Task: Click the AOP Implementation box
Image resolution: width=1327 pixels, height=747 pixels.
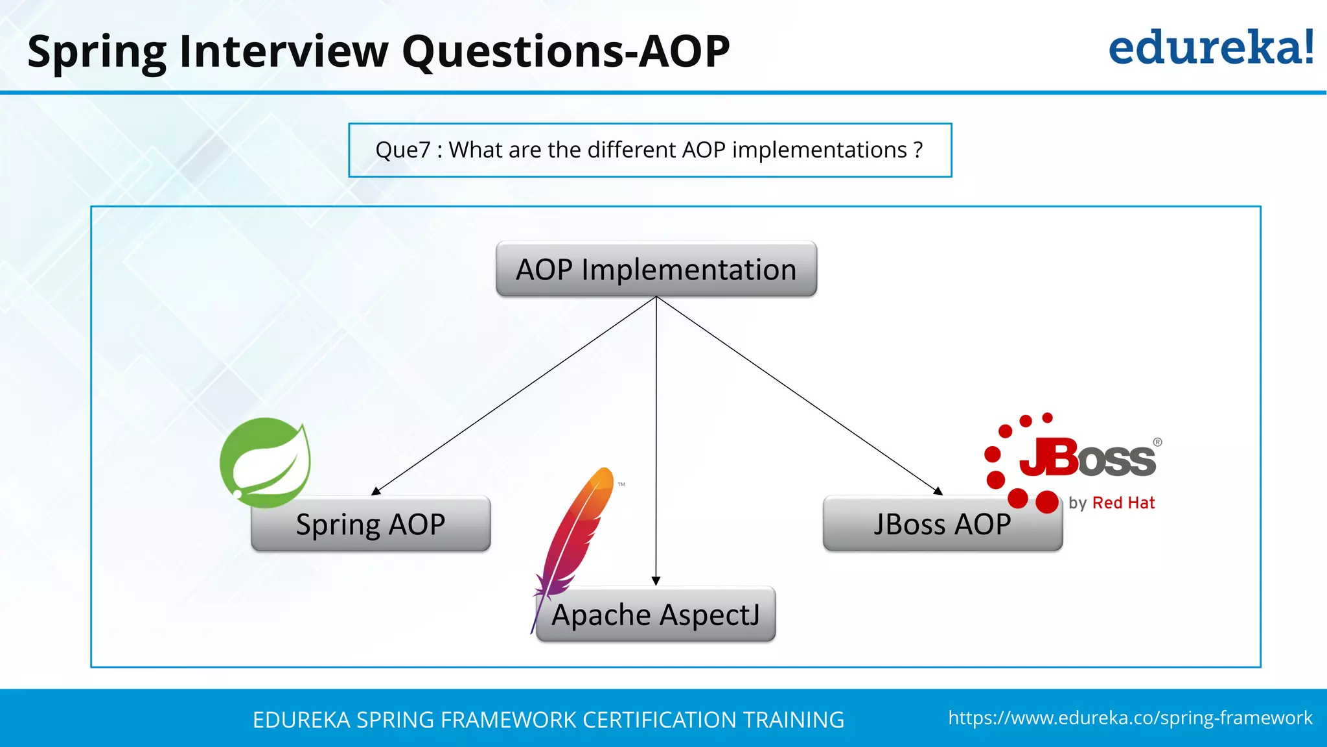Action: click(656, 269)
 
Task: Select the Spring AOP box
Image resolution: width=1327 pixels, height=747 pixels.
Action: click(371, 524)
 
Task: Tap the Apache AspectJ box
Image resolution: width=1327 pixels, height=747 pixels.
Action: click(656, 615)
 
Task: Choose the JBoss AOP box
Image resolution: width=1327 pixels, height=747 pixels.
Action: click(942, 524)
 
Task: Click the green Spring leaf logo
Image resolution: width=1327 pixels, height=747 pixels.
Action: click(265, 462)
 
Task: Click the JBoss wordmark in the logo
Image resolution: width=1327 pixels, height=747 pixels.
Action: click(1087, 458)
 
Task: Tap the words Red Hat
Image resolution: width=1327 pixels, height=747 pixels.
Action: click(1124, 503)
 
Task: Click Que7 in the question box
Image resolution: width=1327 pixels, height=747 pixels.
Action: click(402, 150)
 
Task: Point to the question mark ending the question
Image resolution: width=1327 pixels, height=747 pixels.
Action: click(917, 150)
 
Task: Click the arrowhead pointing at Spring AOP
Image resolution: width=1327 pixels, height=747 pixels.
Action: click(376, 492)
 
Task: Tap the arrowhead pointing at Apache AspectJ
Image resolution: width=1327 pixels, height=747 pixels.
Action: click(656, 580)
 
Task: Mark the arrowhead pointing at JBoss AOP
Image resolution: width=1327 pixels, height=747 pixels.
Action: click(938, 491)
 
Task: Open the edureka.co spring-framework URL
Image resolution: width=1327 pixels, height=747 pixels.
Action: click(1130, 718)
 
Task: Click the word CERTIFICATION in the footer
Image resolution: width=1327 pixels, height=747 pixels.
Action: click(659, 720)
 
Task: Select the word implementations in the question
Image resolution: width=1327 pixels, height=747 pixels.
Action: click(819, 150)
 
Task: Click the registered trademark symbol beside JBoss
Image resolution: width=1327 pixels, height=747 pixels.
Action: click(1157, 442)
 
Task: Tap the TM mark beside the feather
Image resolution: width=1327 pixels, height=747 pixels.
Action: click(621, 484)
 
